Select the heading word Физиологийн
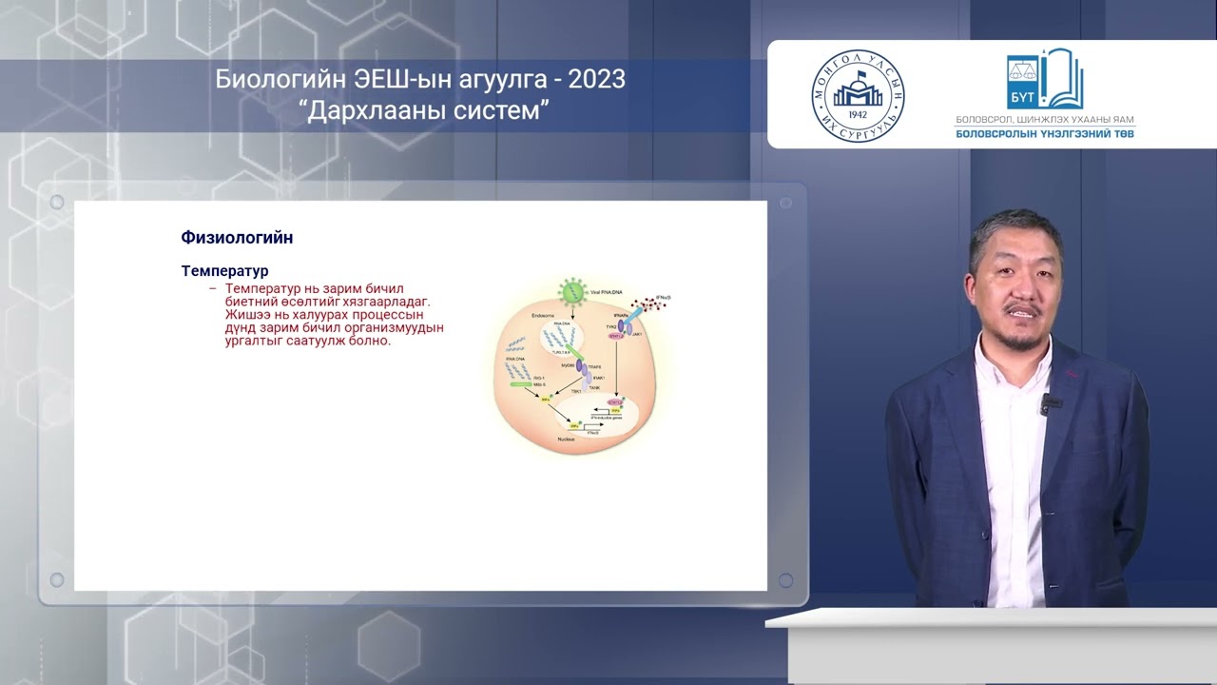point(237,238)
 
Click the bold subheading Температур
point(224,271)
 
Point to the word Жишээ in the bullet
point(248,314)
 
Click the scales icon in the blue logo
point(1023,71)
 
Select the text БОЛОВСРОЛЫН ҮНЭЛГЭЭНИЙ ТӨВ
point(1045,134)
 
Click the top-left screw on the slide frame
point(57,203)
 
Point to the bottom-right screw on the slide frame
point(785,579)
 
